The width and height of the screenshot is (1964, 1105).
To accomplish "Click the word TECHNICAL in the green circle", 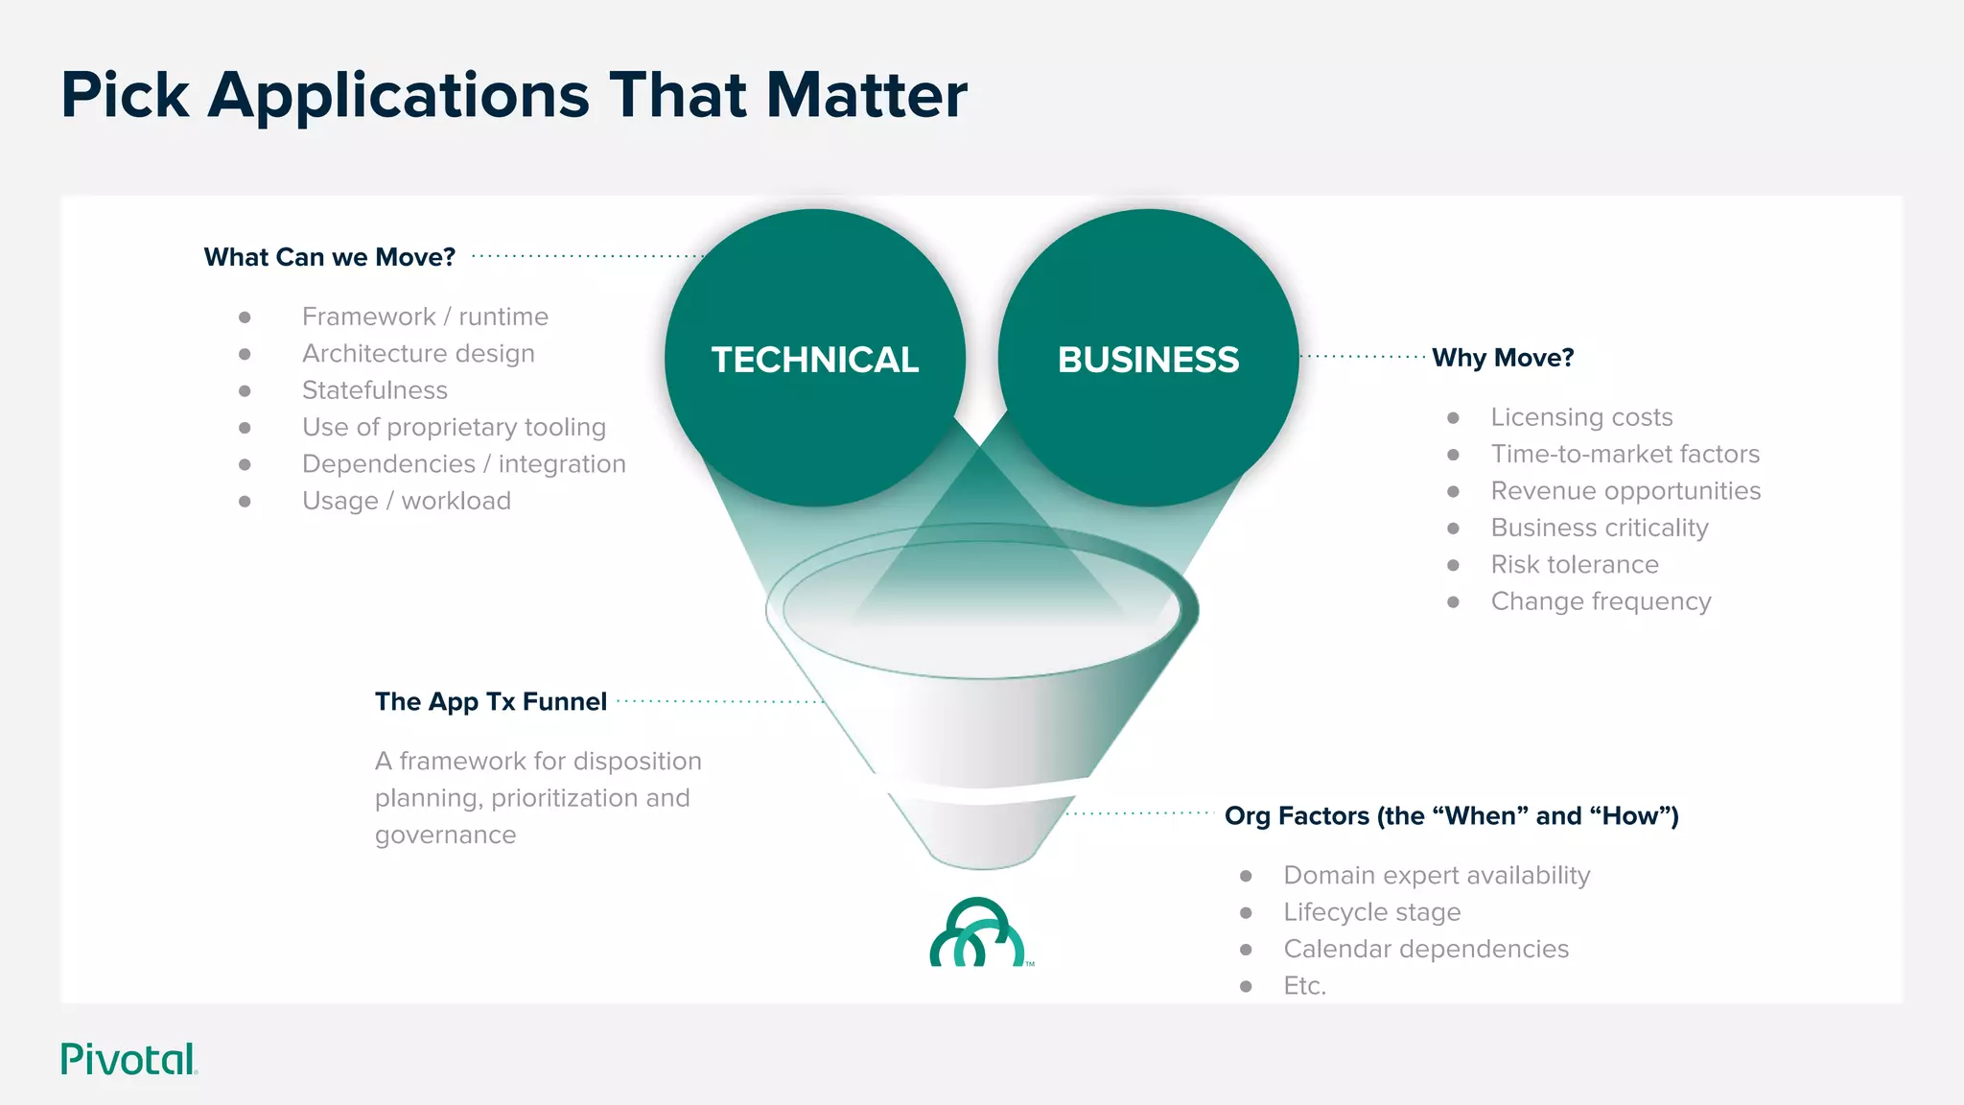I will (814, 360).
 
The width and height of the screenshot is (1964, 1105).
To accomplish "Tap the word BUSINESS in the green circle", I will (1148, 360).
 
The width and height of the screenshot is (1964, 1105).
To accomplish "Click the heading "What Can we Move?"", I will (329, 257).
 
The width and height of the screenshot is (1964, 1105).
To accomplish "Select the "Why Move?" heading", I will (1503, 358).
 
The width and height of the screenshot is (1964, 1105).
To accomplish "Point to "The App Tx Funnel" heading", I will (490, 701).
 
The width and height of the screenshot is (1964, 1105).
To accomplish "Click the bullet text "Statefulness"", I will (374, 390).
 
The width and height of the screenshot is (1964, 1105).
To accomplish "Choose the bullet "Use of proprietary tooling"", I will (454, 427).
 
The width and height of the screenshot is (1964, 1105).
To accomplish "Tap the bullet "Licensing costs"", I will (1581, 417).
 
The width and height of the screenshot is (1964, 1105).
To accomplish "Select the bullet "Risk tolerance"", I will (1574, 564).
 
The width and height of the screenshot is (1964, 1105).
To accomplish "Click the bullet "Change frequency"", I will (1601, 601).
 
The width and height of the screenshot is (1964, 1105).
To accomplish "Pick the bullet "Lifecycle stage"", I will (1371, 912).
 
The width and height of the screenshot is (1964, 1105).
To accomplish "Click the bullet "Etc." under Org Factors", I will (1304, 986).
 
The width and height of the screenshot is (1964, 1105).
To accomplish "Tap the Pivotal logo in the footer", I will (129, 1059).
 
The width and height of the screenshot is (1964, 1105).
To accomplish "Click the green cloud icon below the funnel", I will (978, 933).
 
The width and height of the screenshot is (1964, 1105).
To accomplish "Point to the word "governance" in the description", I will (445, 835).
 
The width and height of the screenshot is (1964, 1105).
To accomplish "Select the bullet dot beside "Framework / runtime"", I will (245, 317).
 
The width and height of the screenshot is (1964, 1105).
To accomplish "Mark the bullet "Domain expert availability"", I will (1436, 875).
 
